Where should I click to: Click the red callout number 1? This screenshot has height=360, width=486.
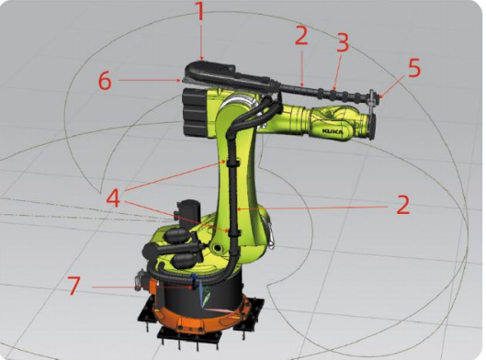(x=201, y=11)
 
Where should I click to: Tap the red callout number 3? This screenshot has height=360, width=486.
(x=343, y=42)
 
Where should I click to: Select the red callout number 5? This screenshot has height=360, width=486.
(x=414, y=68)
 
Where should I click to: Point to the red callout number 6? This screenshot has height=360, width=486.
(x=105, y=81)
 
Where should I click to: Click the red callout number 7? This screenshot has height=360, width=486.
(x=74, y=286)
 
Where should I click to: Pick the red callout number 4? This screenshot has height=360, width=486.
(x=113, y=198)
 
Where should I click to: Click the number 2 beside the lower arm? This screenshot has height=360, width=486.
(x=403, y=205)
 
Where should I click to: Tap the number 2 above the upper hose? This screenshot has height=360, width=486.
(x=301, y=35)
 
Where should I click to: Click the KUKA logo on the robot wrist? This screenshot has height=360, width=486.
(x=333, y=131)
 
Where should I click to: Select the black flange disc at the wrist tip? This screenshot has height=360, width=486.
(x=372, y=126)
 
